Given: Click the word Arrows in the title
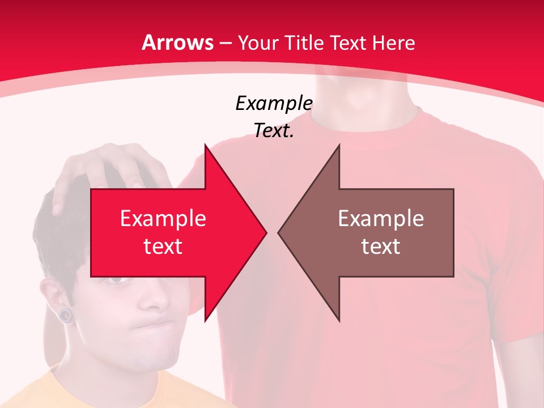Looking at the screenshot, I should click(x=177, y=42).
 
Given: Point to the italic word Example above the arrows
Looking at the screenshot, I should click(x=274, y=103).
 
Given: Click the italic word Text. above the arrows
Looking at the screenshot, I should click(x=274, y=131).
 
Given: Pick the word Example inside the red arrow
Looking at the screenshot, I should click(x=163, y=218).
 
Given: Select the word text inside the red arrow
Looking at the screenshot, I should click(x=163, y=246).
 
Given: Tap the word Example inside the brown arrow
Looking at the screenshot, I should click(x=381, y=218).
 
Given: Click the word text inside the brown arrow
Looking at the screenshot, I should click(x=381, y=246).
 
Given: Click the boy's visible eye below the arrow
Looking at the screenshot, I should click(x=117, y=280).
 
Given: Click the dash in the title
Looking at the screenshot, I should click(x=225, y=42).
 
